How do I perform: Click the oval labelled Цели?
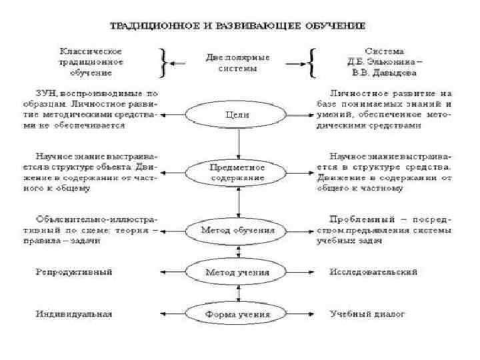(x=238, y=115)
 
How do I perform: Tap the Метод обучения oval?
(x=238, y=229)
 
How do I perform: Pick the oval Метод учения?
(x=238, y=272)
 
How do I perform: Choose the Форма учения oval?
(x=238, y=313)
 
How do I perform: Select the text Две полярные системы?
(x=238, y=62)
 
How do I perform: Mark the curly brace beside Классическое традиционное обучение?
(x=161, y=61)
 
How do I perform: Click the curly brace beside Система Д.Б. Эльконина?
(x=312, y=61)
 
